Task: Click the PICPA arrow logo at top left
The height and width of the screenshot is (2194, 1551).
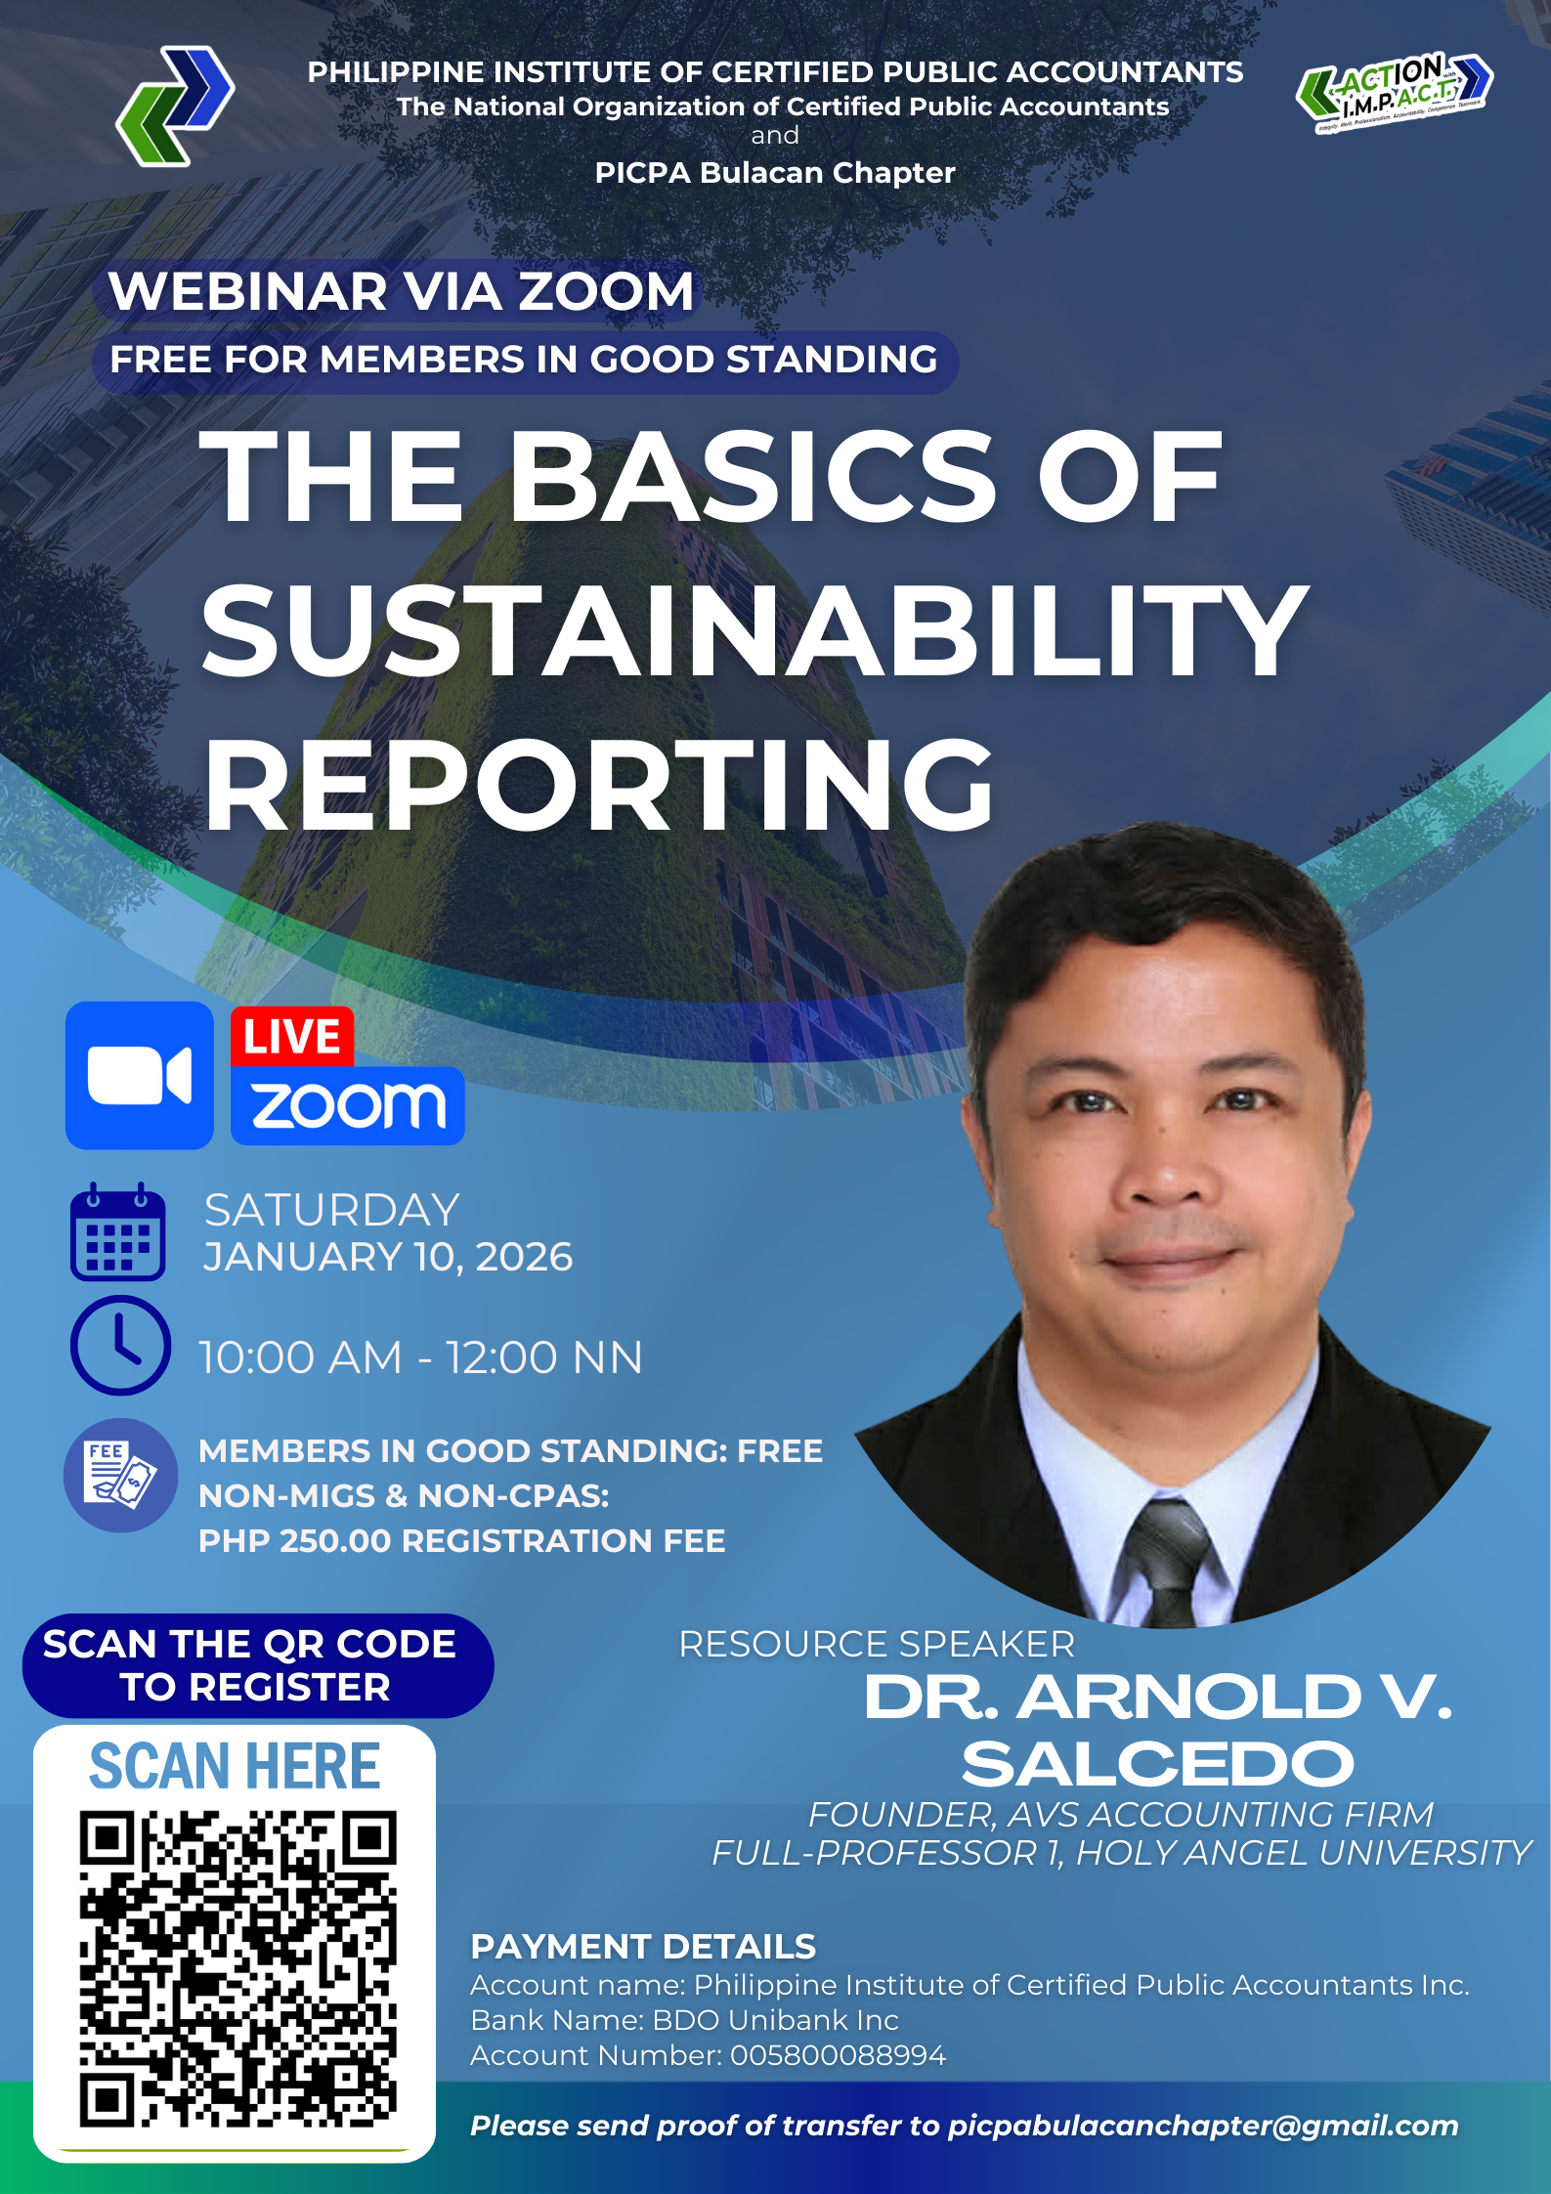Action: click(175, 106)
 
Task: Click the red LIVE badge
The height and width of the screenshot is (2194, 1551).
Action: click(291, 1037)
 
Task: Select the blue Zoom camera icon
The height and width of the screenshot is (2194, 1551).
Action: click(140, 1075)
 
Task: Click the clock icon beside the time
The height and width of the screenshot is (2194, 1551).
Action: click(120, 1345)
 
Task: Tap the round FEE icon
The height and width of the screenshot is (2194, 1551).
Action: click(120, 1476)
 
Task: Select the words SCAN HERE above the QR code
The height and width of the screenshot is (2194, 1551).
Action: click(235, 1766)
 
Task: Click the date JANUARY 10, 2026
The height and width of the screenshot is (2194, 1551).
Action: click(388, 1257)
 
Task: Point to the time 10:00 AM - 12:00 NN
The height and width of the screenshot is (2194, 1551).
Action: click(421, 1357)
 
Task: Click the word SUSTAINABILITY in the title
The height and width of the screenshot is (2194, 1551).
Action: click(754, 630)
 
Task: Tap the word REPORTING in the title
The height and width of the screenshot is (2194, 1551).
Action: click(598, 784)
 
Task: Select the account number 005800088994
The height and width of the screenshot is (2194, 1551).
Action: click(839, 2055)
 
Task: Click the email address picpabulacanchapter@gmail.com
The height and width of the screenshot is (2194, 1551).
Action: click(1203, 2127)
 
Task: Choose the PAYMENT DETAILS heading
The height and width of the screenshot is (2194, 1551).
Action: click(643, 1947)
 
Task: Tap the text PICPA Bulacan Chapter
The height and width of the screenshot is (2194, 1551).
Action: click(775, 173)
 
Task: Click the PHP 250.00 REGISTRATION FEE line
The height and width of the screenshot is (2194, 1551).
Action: click(462, 1541)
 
